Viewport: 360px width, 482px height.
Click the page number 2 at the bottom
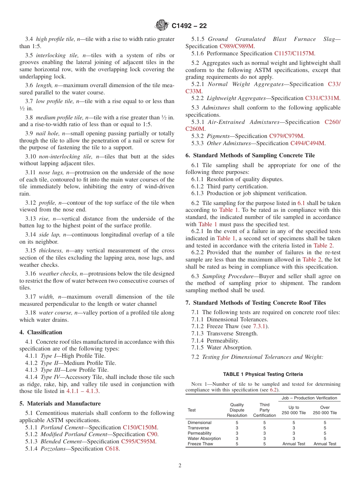[180, 466]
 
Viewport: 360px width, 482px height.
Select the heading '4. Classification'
[41, 332]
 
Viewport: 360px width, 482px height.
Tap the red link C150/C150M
[140, 427]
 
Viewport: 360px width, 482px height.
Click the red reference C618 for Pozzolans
[111, 449]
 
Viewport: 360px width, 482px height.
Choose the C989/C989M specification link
[235, 46]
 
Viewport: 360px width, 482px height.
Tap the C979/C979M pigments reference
[286, 136]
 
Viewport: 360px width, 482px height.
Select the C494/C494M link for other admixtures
[307, 143]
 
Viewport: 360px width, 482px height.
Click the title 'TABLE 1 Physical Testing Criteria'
[263, 374]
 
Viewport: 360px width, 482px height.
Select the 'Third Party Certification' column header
[265, 410]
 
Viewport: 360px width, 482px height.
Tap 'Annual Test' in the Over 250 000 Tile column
[325, 444]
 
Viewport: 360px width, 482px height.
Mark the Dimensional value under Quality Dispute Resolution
[237, 423]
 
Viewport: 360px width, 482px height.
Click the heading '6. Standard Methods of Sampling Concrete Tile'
[250, 155]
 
